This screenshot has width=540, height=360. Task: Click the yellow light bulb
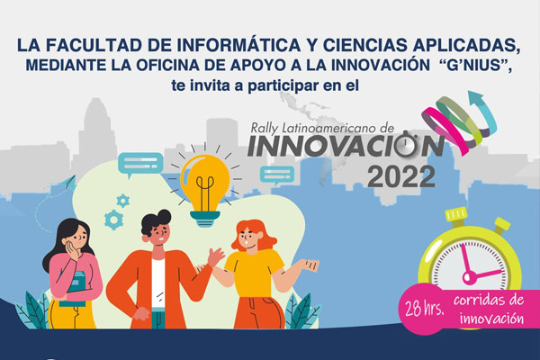click(x=205, y=190)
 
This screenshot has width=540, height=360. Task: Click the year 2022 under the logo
click(x=401, y=176)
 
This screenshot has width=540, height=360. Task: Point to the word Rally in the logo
click(x=264, y=129)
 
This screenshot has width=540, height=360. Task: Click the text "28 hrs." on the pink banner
click(x=424, y=309)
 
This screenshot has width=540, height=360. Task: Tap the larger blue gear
click(x=114, y=220)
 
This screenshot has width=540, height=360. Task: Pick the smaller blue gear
click(x=123, y=201)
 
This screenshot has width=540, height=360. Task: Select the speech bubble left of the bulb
click(x=140, y=165)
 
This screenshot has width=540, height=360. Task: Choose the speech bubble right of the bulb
click(x=277, y=175)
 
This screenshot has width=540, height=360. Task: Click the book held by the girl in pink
click(x=76, y=289)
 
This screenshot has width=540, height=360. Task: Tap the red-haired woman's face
click(x=248, y=238)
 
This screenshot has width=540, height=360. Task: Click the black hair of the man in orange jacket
click(x=156, y=220)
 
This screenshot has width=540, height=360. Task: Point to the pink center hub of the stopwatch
click(x=469, y=277)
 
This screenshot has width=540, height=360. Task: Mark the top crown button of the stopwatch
click(x=455, y=216)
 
